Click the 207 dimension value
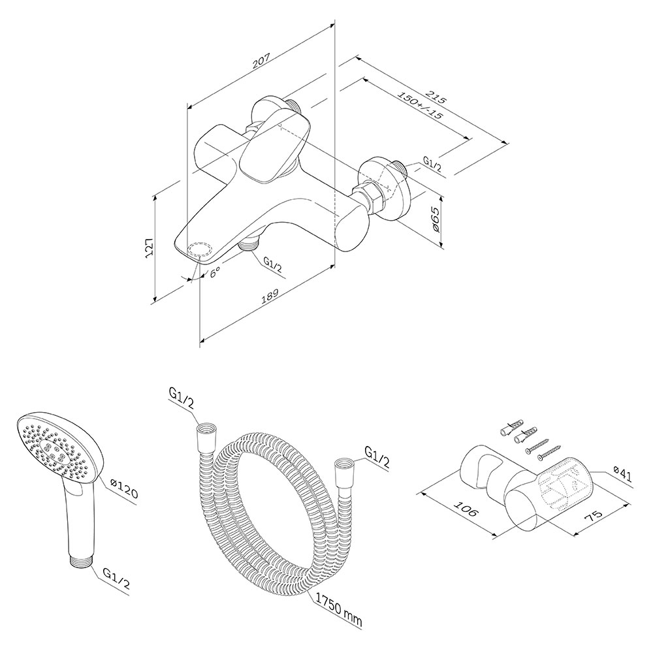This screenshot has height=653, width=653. tap(262, 61)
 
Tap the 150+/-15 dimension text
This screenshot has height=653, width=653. tap(420, 105)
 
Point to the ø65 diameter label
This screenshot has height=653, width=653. tap(434, 219)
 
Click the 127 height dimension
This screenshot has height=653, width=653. tap(149, 249)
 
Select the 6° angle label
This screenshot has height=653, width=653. tap(215, 274)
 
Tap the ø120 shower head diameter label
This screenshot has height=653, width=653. tap(123, 488)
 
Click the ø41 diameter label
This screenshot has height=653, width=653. tap(622, 475)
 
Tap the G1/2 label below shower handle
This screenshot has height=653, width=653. tap(116, 579)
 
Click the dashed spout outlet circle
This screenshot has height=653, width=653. tap(199, 250)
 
